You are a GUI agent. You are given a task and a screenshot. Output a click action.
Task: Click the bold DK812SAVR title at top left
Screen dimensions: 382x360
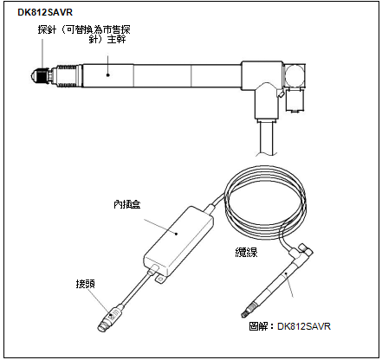45,12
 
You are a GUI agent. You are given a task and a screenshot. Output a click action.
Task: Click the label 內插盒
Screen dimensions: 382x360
127,204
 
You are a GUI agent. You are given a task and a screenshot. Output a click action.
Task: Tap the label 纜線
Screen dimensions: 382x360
246,253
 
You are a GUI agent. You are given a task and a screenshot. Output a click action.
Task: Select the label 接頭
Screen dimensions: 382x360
86,284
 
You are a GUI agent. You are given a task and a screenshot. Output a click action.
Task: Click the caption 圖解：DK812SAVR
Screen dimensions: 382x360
289,326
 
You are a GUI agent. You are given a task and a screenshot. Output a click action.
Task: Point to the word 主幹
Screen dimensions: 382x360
117,39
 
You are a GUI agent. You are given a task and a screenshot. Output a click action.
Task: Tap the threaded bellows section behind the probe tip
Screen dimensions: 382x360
67,75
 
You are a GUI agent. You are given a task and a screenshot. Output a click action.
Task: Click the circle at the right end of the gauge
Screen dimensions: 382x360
295,75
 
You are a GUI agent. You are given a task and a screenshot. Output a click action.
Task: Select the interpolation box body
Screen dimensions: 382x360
178,241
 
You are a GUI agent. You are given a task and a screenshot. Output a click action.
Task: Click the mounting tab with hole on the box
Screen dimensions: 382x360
160,280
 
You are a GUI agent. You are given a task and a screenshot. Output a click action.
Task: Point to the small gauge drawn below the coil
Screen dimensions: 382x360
276,281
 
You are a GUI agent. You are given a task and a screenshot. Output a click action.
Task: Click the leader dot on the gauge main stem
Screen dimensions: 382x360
108,75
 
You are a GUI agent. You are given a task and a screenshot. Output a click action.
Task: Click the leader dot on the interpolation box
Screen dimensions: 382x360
177,234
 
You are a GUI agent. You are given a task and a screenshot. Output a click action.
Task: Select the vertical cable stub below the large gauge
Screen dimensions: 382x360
267,138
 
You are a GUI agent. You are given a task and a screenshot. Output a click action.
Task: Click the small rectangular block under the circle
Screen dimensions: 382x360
295,100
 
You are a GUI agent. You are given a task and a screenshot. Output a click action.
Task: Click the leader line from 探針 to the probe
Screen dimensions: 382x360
42,54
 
